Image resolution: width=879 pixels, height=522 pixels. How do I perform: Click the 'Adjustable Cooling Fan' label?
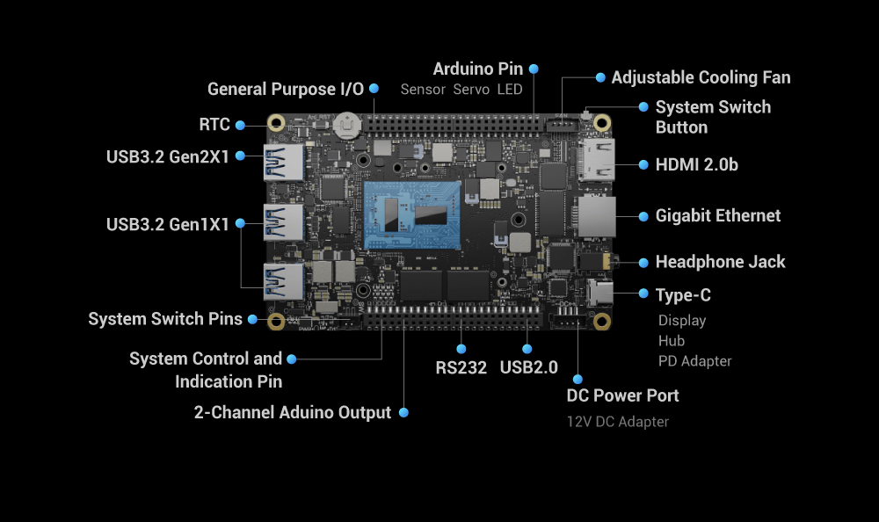coord(701,77)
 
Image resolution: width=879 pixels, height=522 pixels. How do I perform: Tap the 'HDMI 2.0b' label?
coord(696,164)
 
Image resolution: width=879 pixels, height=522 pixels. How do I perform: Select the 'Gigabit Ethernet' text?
coord(718,215)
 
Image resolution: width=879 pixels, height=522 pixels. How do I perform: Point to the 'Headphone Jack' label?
coord(720,262)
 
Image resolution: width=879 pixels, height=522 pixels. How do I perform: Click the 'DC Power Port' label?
coord(622,395)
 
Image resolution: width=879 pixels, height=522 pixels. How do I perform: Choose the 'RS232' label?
coord(461,367)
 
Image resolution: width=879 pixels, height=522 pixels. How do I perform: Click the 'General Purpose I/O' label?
coord(285,89)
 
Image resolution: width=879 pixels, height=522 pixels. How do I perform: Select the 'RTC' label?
coord(214,124)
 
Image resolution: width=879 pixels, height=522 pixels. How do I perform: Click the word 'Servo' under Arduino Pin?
coord(470,90)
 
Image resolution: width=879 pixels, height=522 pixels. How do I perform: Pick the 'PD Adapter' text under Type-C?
coord(694,361)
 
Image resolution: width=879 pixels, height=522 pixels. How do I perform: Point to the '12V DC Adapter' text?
coord(617,422)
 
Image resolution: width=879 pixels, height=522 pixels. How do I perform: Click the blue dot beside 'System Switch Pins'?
coord(251,319)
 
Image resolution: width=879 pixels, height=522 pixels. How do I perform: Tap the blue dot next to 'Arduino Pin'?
coord(534,69)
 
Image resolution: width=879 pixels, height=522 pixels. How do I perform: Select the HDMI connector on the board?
coord(599,162)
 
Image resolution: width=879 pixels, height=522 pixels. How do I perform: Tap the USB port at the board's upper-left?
coord(283,163)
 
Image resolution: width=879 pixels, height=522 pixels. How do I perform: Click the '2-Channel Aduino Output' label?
coord(292,412)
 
